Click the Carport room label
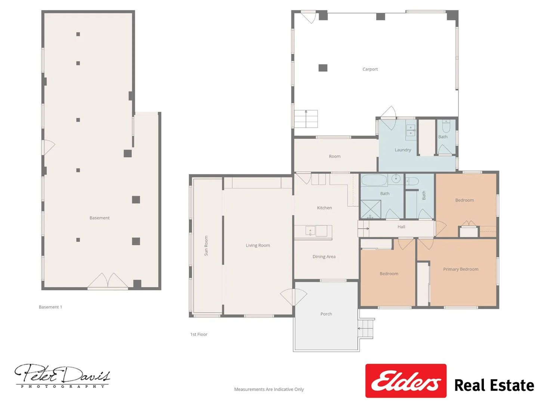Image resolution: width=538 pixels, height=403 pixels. point(370,69)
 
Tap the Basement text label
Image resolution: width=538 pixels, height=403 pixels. point(99,218)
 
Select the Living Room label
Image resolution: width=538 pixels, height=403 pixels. point(258,245)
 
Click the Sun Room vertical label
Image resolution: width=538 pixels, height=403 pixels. point(206,246)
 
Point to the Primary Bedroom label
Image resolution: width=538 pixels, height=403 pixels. point(461,269)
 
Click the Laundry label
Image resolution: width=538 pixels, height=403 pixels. point(403,150)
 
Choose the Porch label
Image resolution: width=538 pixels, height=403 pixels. point(326,314)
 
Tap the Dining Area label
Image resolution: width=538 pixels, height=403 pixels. point(324,256)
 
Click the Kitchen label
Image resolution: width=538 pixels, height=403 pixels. point(324,208)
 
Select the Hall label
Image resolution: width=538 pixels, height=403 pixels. point(401,227)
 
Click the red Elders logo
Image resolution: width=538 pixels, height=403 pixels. point(406,381)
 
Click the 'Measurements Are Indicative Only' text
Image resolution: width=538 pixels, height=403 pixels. point(269,389)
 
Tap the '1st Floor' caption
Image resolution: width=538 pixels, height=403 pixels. point(199,334)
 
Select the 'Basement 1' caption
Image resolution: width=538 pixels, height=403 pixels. point(50,307)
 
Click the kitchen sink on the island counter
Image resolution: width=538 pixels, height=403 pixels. point(310,231)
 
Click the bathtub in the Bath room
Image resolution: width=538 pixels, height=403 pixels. point(374,180)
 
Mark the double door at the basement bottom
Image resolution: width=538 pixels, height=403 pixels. point(108,281)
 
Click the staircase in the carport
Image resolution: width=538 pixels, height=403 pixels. point(306,119)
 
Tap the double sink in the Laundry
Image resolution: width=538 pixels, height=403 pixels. point(411,130)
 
